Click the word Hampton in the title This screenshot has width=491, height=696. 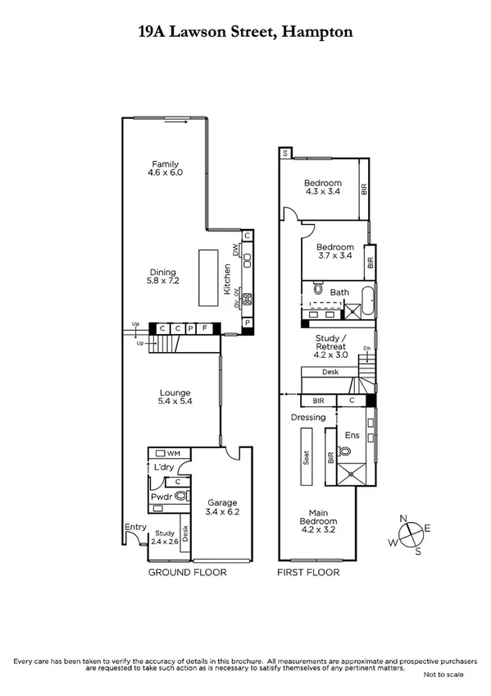point(318,33)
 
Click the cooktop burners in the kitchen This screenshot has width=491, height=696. point(247,297)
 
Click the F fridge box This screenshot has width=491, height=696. point(205,330)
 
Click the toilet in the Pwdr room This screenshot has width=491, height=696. point(180,496)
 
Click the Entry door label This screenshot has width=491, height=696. point(134,527)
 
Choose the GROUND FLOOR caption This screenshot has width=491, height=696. point(187,572)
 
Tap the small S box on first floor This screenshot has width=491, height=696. point(284,153)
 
